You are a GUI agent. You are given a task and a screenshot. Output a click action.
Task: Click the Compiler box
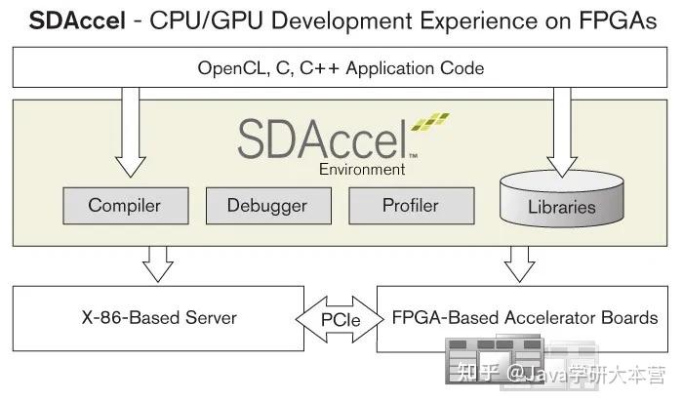pos(124,206)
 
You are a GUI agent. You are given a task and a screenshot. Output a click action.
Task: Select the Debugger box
pos(266,206)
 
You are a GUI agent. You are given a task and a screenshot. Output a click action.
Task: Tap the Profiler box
pos(410,206)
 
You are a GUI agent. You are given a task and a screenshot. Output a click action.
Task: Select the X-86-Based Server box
pos(158,318)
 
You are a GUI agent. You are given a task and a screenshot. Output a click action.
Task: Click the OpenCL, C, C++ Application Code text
pos(341,68)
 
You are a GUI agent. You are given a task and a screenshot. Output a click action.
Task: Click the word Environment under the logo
pos(361,169)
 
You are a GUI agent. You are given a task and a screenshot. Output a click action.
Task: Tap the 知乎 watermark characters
pos(472,372)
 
